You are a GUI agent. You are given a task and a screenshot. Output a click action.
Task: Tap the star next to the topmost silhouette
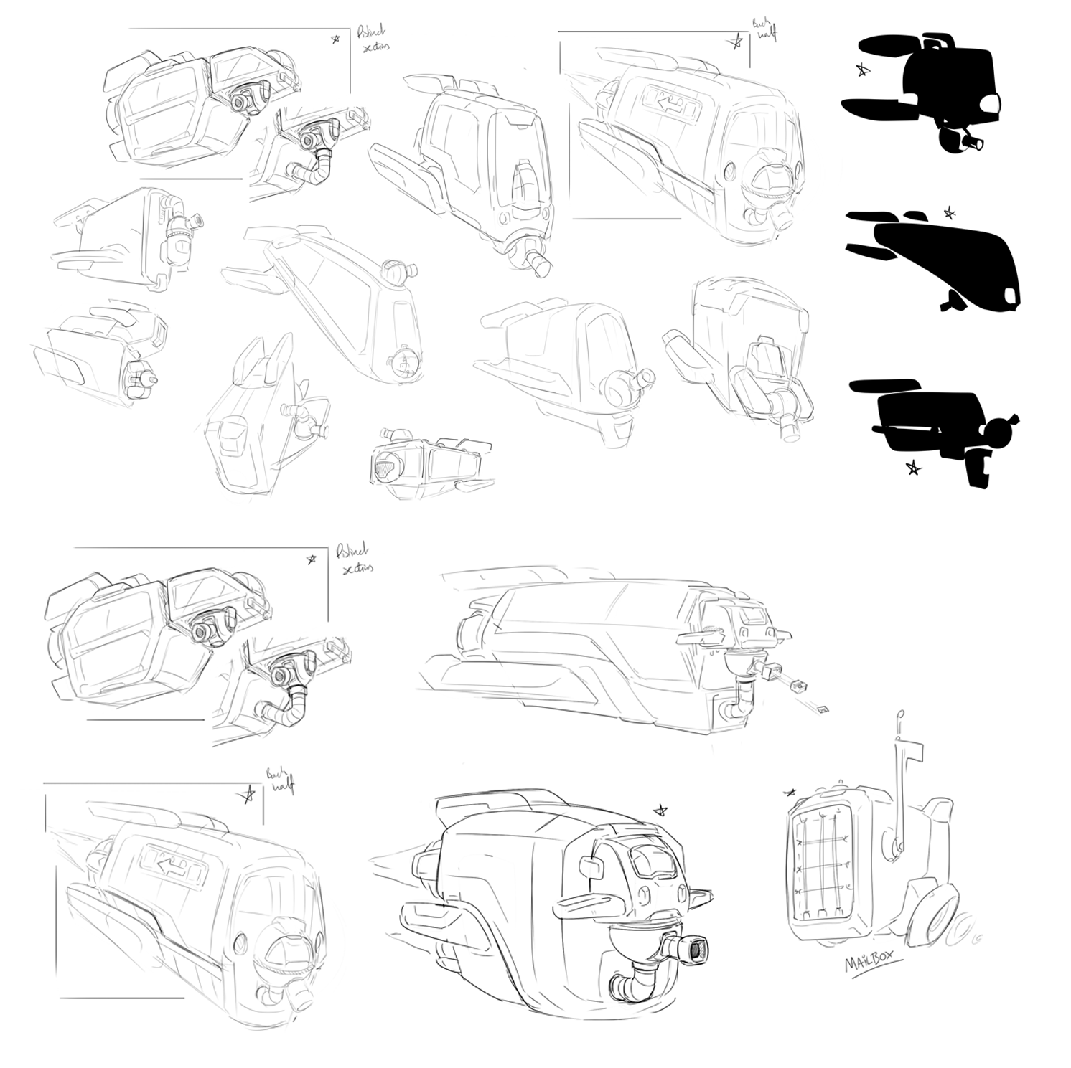(862, 70)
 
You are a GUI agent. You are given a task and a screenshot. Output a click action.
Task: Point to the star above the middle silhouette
(949, 212)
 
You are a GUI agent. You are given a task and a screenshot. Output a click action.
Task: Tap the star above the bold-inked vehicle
(659, 811)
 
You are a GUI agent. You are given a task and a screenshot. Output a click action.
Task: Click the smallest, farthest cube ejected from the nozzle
(823, 709)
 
